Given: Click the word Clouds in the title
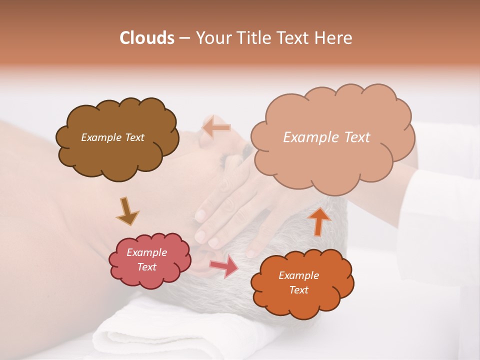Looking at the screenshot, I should point(146,38).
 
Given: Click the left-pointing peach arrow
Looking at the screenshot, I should point(215,127).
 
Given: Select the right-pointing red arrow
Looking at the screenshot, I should point(224,265).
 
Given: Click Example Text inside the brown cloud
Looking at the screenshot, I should point(112,137).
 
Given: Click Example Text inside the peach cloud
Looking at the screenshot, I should point(326,137).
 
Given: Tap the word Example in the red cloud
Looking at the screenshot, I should point(146,252).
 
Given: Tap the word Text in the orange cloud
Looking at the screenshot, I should point(298,290).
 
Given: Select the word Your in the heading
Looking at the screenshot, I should point(211,38).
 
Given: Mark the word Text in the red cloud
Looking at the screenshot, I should point(146,267).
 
